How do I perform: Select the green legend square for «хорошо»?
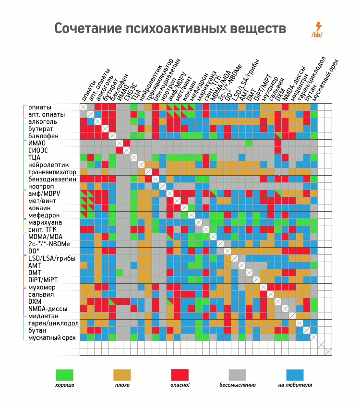tap(65, 375)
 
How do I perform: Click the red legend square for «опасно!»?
tap(180, 375)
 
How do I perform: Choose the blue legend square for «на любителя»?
tap(295, 375)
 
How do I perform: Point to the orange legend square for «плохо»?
tap(122, 375)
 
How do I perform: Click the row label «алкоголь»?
tap(43, 122)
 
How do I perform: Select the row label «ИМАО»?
tap(37, 144)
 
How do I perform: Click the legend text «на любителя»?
tap(295, 385)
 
